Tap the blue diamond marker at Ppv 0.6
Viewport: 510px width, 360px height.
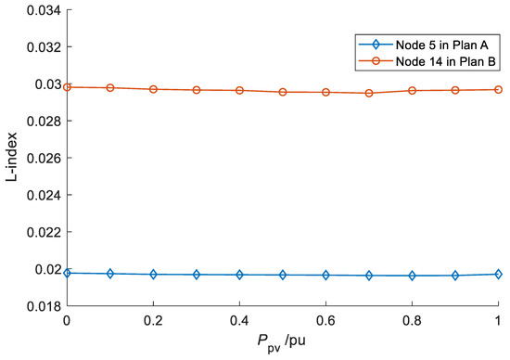(325, 275)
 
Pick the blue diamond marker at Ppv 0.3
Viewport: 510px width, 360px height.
(197, 275)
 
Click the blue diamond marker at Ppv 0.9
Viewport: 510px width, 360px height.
(455, 275)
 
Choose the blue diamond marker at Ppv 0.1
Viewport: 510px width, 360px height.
(110, 274)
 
